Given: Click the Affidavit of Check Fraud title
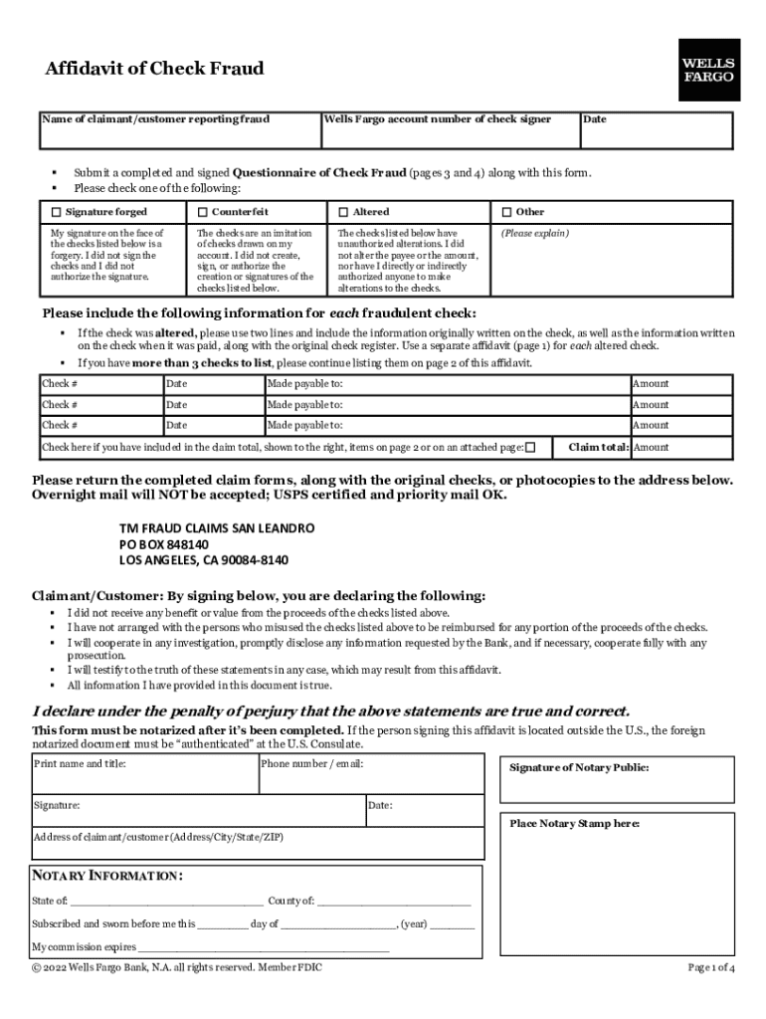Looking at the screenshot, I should click(x=154, y=69).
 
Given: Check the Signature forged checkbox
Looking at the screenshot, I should click(x=56, y=212).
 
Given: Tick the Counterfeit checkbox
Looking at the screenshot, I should click(x=202, y=212).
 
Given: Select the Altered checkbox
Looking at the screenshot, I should click(x=343, y=212).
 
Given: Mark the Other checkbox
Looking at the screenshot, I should click(x=506, y=212).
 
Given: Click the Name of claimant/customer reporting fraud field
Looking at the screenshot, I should click(x=179, y=132).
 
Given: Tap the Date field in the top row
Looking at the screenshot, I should click(x=656, y=132).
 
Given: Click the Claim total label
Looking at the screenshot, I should click(x=598, y=448).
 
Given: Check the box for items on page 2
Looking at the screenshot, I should click(x=530, y=448).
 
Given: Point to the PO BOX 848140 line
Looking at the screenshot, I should click(x=164, y=544).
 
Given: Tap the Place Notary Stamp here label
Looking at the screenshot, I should click(x=575, y=824).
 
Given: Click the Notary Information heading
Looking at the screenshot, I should click(x=107, y=876).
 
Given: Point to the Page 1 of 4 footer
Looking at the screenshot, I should click(x=710, y=967).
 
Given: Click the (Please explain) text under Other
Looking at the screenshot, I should click(x=534, y=233).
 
